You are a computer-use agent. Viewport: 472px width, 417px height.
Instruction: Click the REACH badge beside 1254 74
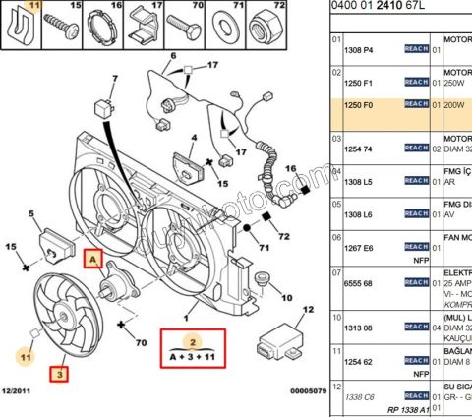pyautogui.click(x=416, y=149)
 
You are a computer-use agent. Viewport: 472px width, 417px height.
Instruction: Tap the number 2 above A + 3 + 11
pyautogui.click(x=194, y=341)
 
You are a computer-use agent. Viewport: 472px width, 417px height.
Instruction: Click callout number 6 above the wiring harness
pyautogui.click(x=173, y=56)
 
